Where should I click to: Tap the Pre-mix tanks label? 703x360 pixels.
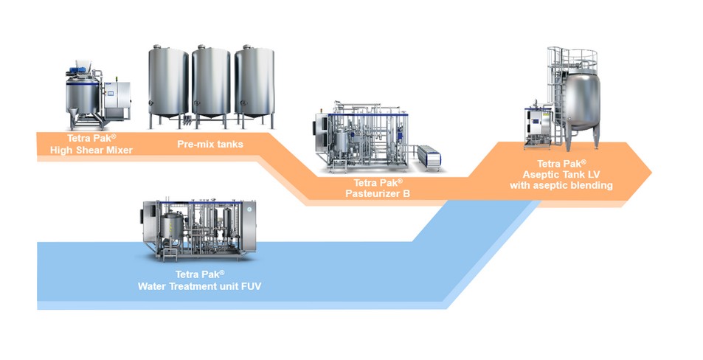point(210,144)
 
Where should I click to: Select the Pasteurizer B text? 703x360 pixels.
point(378,193)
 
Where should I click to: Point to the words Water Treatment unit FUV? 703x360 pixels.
point(200,283)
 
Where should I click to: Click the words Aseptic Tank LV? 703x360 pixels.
point(561,174)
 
